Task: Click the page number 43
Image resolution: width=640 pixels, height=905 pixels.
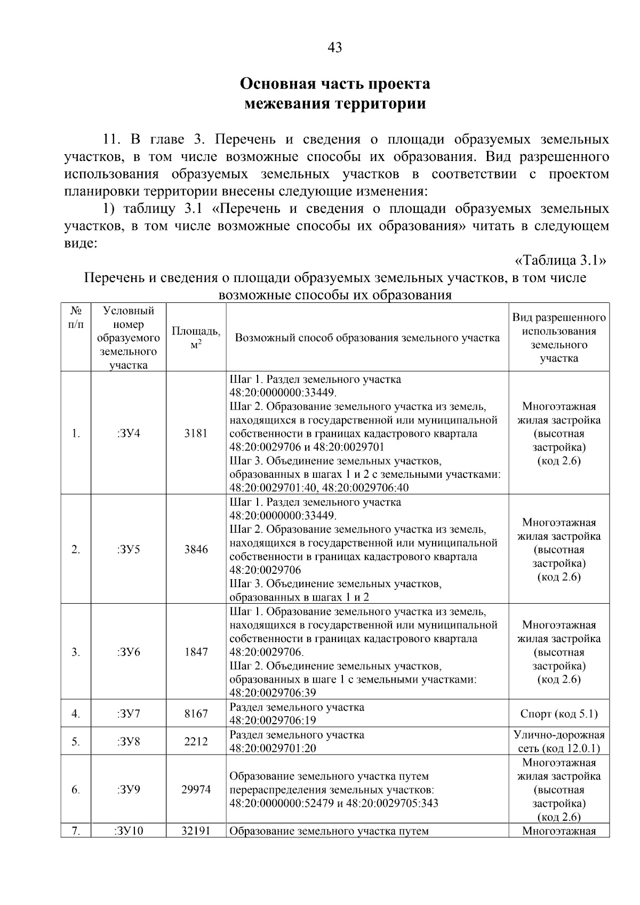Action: [334, 48]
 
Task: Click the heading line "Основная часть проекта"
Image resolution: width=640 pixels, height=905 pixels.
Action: [334, 84]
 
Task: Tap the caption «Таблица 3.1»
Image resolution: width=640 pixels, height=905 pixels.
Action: [561, 260]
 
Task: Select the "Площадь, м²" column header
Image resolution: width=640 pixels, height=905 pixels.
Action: [196, 338]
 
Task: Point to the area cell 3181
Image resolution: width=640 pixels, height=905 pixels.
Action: [196, 434]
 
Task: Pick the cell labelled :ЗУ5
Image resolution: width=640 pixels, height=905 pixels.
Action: [128, 550]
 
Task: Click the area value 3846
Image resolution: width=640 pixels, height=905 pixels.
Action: [196, 550]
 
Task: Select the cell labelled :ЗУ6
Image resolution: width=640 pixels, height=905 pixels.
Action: [128, 652]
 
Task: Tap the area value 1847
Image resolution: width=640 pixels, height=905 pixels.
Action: [196, 652]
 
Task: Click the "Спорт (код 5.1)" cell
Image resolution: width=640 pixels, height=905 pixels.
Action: [559, 714]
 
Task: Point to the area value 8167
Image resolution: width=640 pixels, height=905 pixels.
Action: [196, 714]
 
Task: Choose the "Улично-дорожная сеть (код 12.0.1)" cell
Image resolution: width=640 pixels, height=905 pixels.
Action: [559, 742]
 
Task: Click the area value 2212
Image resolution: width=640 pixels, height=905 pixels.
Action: [196, 742]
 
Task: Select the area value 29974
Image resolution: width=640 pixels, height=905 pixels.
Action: [196, 790]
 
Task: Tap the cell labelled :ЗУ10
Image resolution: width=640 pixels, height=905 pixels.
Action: [128, 831]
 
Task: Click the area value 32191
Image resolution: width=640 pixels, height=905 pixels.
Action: [196, 831]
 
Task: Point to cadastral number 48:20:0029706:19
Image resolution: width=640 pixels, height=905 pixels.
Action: [273, 721]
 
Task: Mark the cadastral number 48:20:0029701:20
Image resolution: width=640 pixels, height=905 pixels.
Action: [273, 749]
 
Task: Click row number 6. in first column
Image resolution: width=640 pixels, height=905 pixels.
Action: [76, 790]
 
